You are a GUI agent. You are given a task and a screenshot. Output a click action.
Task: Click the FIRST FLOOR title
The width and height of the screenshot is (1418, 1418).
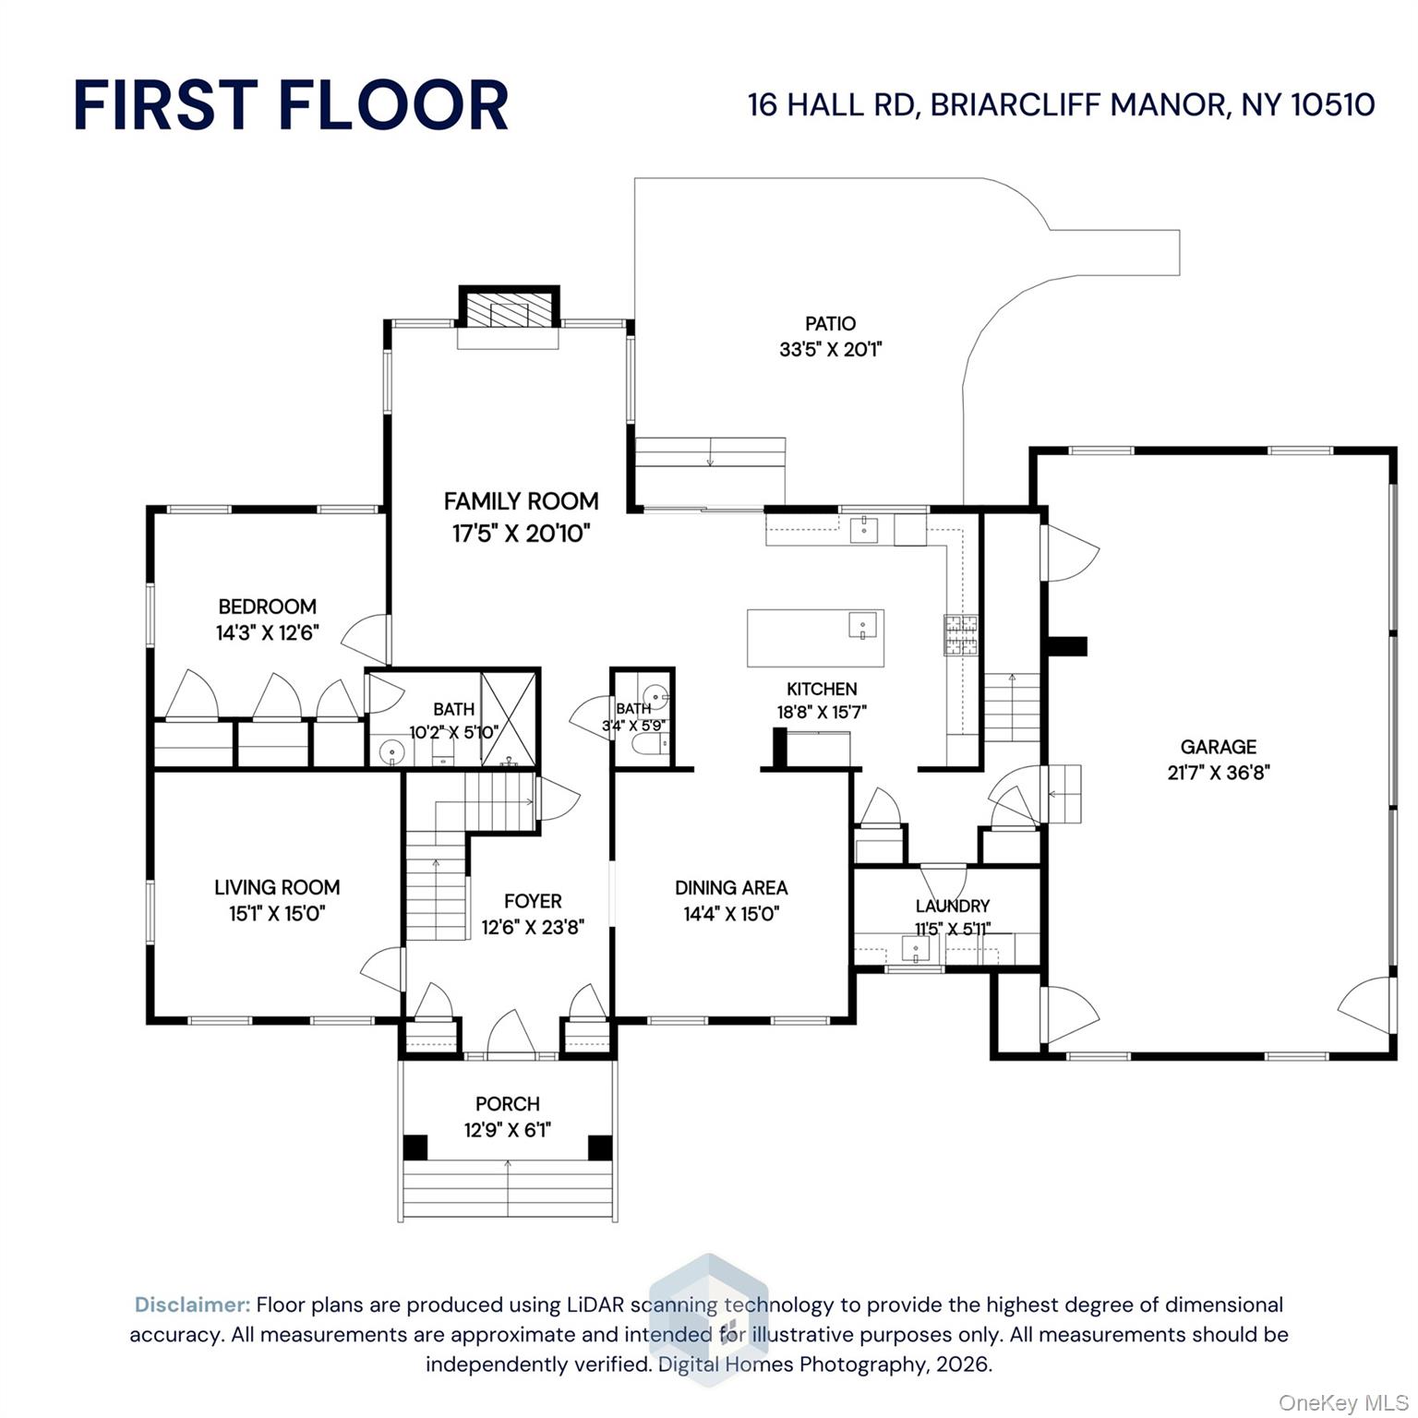290,105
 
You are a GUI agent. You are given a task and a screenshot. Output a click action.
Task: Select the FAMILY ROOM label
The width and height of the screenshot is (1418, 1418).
521,501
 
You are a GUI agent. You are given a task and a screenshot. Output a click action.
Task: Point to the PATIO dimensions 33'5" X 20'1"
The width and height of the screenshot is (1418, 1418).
831,350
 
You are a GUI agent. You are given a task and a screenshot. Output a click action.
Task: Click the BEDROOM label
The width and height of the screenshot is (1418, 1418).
267,607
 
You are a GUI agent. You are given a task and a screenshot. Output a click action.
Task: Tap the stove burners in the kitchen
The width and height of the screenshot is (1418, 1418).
960,635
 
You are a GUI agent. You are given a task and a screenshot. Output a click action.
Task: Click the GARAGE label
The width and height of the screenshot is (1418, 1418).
1218,747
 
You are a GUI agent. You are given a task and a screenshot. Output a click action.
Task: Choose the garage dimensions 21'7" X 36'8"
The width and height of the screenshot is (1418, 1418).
1218,773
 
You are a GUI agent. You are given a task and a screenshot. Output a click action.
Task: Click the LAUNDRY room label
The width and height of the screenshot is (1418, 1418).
952,906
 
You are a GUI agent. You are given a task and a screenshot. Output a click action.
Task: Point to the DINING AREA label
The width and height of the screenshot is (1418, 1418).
731,887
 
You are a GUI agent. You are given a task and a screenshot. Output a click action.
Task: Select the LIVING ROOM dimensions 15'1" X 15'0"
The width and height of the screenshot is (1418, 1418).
277,914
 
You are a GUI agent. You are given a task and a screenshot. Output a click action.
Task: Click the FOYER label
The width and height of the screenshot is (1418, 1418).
533,901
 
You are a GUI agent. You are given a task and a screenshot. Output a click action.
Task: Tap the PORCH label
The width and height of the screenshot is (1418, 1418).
507,1103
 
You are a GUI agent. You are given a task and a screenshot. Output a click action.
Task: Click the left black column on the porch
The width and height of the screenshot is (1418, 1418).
415,1147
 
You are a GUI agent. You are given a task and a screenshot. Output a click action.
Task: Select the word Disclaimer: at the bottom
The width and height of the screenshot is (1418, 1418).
192,1304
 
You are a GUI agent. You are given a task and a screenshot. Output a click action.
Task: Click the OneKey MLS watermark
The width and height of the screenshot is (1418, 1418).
1342,1402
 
